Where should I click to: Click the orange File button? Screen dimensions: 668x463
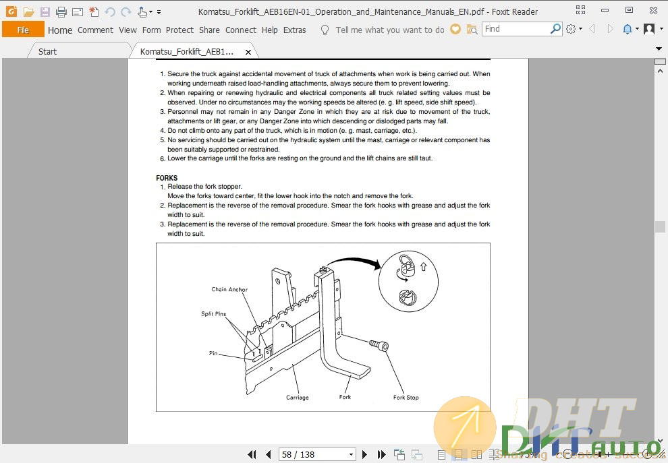[23, 30]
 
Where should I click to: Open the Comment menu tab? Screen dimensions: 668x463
[95, 30]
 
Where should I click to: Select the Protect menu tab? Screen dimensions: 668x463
[179, 30]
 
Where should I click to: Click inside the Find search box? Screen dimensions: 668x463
[516, 29]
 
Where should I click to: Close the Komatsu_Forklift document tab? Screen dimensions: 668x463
[248, 52]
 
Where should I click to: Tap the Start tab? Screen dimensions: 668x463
[47, 51]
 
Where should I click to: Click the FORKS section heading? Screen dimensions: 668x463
[167, 178]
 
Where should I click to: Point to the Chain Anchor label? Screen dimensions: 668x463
[229, 289]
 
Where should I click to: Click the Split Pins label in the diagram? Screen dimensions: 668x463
[213, 313]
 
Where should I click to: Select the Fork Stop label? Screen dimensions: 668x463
[406, 398]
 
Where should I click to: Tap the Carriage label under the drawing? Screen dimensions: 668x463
[297, 398]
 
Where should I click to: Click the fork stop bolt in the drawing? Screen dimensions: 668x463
[379, 345]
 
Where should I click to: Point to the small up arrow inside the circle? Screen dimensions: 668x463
[423, 266]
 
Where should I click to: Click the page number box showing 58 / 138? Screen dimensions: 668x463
[317, 454]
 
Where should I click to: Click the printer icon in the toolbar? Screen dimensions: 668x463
[61, 12]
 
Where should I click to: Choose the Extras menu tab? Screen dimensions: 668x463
[294, 30]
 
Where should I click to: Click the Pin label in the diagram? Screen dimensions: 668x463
[213, 353]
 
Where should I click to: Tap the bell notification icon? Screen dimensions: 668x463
[627, 29]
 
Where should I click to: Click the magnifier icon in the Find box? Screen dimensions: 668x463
[555, 29]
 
